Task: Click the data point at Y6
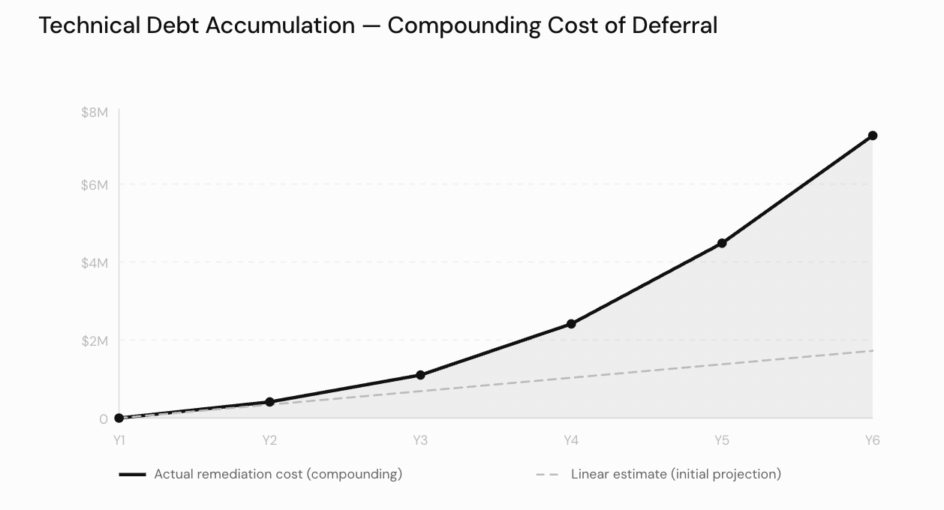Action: pyautogui.click(x=872, y=136)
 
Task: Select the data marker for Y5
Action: pyautogui.click(x=722, y=243)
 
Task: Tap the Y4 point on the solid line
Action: pyautogui.click(x=571, y=324)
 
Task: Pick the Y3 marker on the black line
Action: pyautogui.click(x=420, y=375)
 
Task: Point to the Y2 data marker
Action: pyautogui.click(x=270, y=402)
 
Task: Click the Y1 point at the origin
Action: pyautogui.click(x=119, y=418)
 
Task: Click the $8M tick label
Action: pyautogui.click(x=95, y=112)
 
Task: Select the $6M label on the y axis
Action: pyautogui.click(x=95, y=184)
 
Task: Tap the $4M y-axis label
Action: pyautogui.click(x=95, y=262)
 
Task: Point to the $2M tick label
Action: pyautogui.click(x=95, y=340)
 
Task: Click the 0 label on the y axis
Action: pyautogui.click(x=104, y=418)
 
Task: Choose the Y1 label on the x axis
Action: pyautogui.click(x=119, y=440)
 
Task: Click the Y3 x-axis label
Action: pyautogui.click(x=420, y=440)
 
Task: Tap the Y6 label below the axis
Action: pyautogui.click(x=872, y=440)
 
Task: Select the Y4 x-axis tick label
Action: pyautogui.click(x=571, y=440)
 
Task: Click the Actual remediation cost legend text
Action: pyautogui.click(x=278, y=474)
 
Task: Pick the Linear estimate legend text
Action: pyautogui.click(x=675, y=474)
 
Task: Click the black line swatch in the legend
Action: pyautogui.click(x=133, y=475)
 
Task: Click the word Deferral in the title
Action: pyautogui.click(x=675, y=25)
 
